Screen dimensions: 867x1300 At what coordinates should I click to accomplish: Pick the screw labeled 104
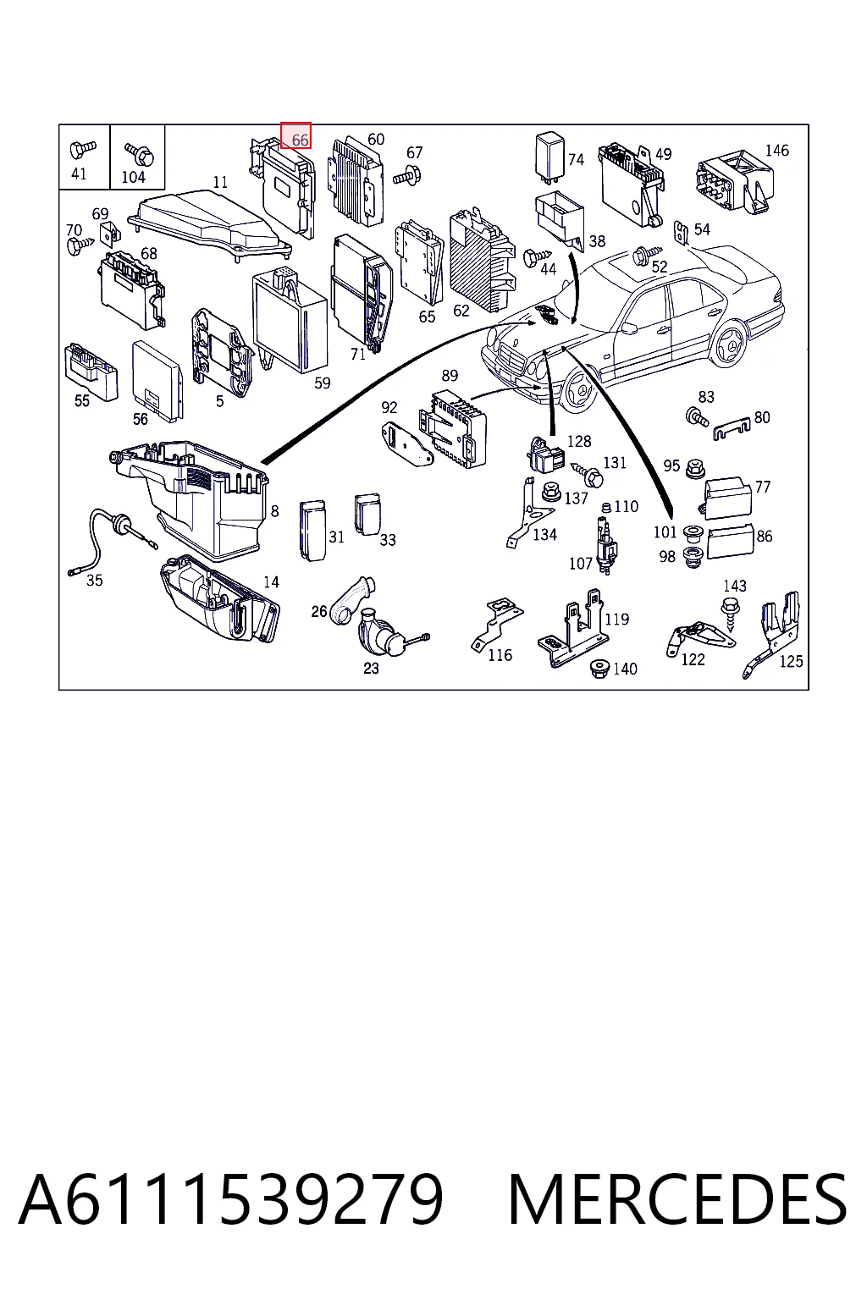(140, 153)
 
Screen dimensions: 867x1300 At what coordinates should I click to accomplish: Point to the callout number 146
(777, 151)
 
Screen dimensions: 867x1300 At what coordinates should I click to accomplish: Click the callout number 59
(323, 383)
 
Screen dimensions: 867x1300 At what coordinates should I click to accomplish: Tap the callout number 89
(450, 376)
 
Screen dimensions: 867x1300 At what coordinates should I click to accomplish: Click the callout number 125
(791, 662)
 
